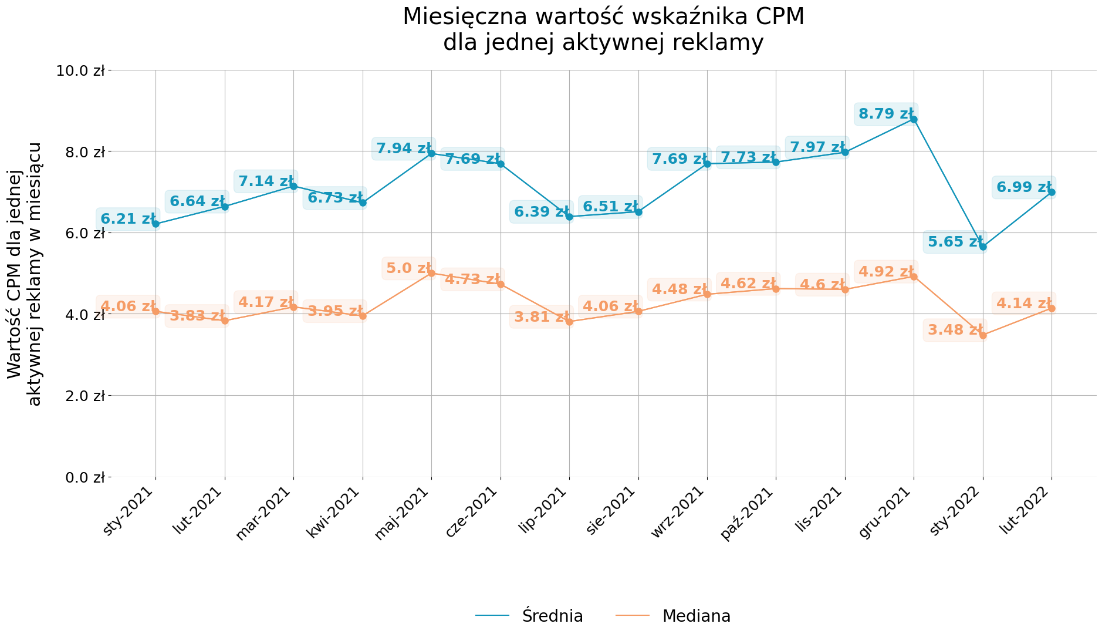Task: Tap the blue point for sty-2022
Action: coord(983,247)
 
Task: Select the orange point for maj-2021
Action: coord(431,273)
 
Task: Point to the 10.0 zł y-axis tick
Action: coord(80,70)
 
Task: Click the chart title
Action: coord(603,29)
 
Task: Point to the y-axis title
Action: coord(25,274)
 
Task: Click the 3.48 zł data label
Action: coord(955,330)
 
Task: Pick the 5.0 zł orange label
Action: coord(409,268)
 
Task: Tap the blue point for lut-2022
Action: coord(1052,192)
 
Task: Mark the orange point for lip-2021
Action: coord(569,322)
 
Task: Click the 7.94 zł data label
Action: coord(403,149)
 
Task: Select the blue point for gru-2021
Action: coord(914,119)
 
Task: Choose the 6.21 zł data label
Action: coord(127,219)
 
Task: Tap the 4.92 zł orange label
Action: coord(885,272)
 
